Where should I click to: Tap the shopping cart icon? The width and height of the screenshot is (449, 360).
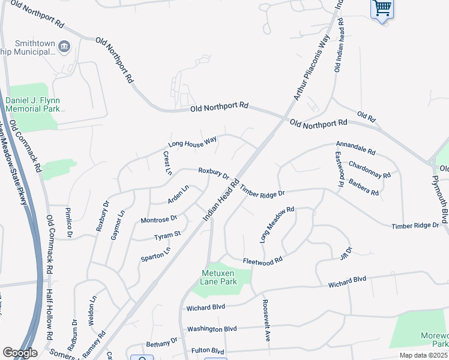tap(382, 8)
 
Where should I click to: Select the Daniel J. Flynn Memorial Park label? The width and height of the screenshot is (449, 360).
tap(33, 104)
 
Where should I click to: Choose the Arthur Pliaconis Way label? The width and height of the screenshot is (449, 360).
tap(309, 74)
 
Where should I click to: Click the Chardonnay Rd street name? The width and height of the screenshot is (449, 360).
tap(370, 170)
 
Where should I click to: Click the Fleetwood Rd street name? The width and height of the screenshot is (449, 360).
tap(262, 262)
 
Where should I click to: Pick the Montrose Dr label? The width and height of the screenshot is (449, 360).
tap(158, 220)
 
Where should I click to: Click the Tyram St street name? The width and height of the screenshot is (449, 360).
tap(167, 236)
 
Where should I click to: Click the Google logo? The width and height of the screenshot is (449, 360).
tap(20, 352)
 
